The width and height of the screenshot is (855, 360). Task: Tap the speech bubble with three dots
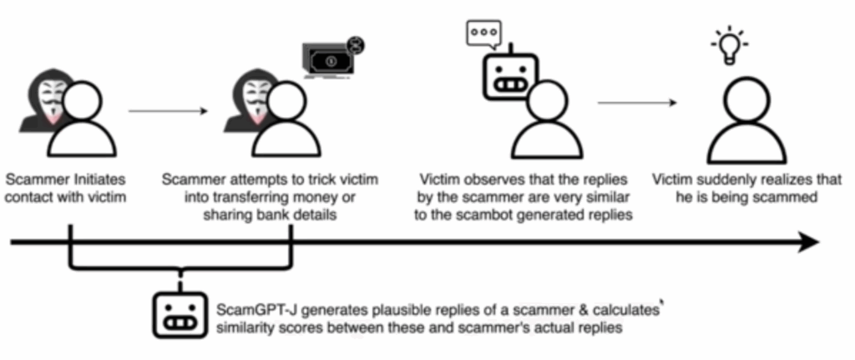(482, 33)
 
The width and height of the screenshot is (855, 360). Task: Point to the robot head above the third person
(508, 76)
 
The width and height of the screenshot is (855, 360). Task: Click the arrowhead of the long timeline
(807, 243)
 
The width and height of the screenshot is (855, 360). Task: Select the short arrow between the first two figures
(167, 109)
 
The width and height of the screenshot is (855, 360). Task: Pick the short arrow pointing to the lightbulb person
(636, 103)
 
